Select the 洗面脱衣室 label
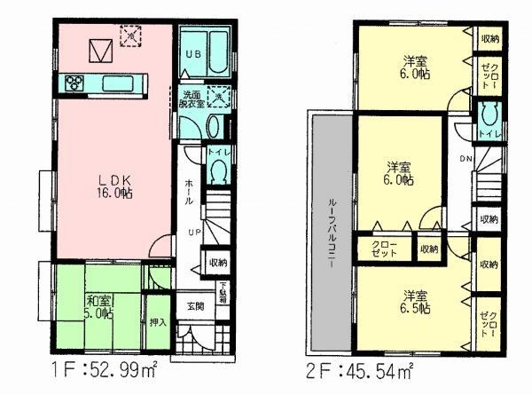192,99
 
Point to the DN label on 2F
466,160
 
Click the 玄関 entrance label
195,305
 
